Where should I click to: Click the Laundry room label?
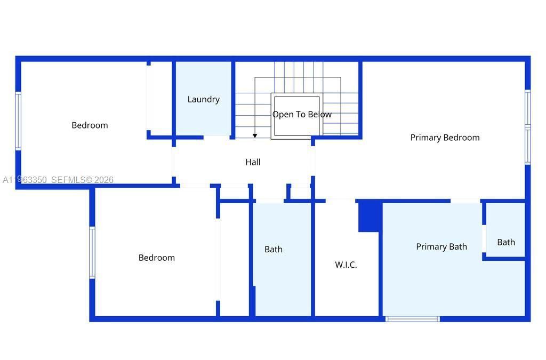(203, 99)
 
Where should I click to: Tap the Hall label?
(253, 162)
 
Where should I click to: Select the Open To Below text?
(302, 115)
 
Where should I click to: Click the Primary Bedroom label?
(445, 138)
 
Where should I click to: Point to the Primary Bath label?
(441, 246)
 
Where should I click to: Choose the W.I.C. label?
(346, 265)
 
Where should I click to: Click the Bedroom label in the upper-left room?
(90, 125)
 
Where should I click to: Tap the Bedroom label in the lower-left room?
(156, 258)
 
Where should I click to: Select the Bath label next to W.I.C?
(274, 249)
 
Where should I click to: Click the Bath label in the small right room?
(506, 242)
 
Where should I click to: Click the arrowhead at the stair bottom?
(255, 136)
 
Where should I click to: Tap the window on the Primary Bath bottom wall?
(412, 319)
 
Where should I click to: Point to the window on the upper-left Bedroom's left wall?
(18, 121)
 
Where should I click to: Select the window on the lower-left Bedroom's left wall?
(92, 252)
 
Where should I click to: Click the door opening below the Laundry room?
(217, 137)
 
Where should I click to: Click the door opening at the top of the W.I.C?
(340, 201)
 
